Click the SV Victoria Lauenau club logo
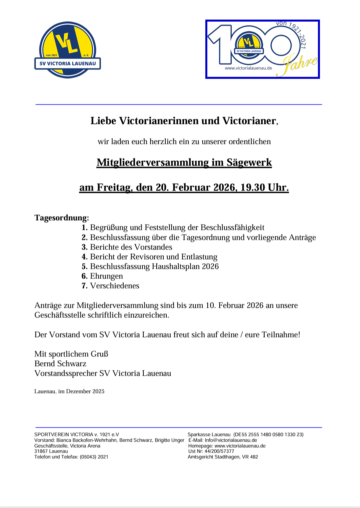point(68,50)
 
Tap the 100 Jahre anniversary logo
point(263,49)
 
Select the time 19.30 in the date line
point(253,187)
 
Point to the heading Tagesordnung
point(62,218)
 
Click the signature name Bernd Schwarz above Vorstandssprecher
point(60,364)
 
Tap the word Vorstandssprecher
point(66,373)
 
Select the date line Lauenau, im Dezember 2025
point(69,391)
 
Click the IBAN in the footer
point(269,435)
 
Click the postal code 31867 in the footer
point(41,451)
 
